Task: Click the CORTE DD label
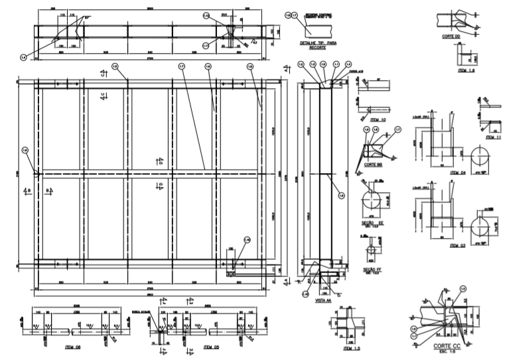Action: pyautogui.click(x=453, y=37)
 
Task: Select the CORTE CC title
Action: pyautogui.click(x=446, y=347)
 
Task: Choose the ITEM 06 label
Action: pyautogui.click(x=74, y=346)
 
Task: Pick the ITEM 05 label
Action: pyautogui.click(x=212, y=346)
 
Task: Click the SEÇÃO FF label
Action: pyautogui.click(x=372, y=269)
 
